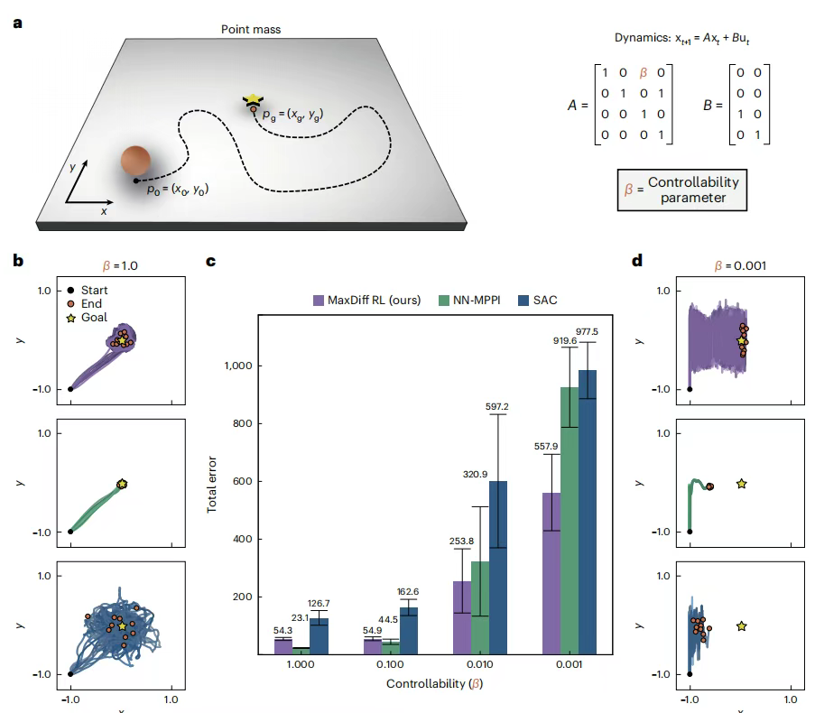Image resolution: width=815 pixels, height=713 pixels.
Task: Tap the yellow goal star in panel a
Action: (254, 99)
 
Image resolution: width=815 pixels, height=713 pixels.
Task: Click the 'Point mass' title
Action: (251, 30)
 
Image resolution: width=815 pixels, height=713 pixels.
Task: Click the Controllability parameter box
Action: (681, 190)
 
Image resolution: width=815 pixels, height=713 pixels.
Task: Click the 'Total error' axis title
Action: (212, 485)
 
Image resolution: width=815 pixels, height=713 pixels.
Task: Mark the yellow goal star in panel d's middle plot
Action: (741, 485)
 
